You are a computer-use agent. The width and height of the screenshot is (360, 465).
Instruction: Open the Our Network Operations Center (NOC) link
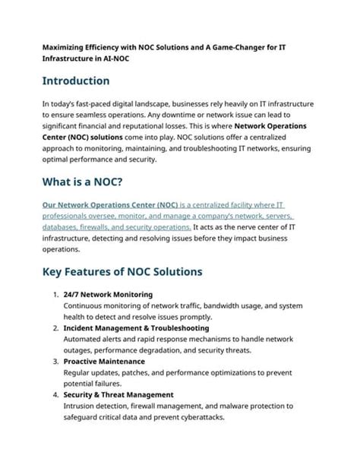pyautogui.click(x=110, y=205)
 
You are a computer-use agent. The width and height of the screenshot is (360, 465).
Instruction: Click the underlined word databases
pyautogui.click(x=63, y=226)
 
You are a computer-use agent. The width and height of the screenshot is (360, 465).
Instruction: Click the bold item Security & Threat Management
pyautogui.click(x=118, y=395)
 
